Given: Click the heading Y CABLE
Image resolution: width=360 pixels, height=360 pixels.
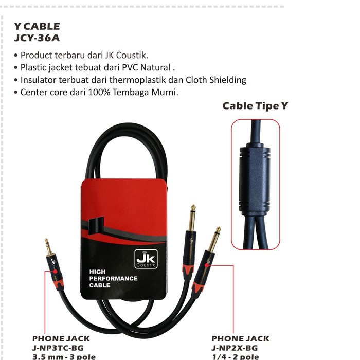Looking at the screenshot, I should (37, 26).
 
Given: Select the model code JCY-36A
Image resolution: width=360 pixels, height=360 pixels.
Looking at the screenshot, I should (37, 38).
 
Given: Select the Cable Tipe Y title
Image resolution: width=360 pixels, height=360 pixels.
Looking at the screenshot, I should (256, 106).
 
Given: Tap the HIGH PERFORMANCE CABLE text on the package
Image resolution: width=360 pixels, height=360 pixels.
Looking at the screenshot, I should (113, 278).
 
